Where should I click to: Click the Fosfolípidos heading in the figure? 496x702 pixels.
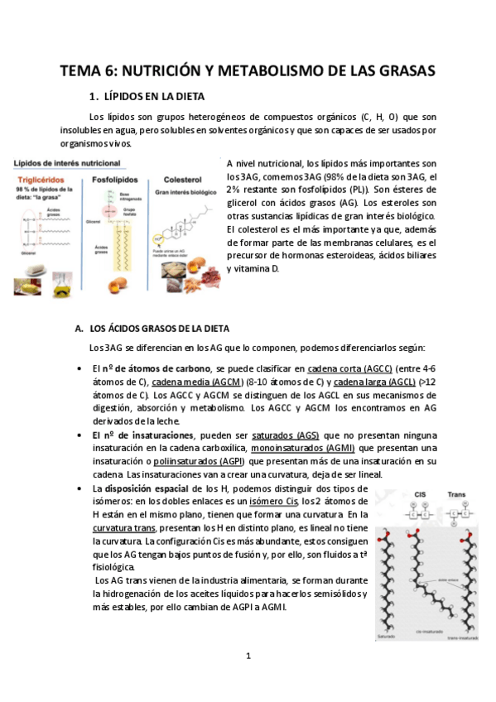coord(113,176)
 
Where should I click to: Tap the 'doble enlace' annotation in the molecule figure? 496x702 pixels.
coord(431,579)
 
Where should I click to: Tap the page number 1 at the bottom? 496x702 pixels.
coord(248,656)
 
